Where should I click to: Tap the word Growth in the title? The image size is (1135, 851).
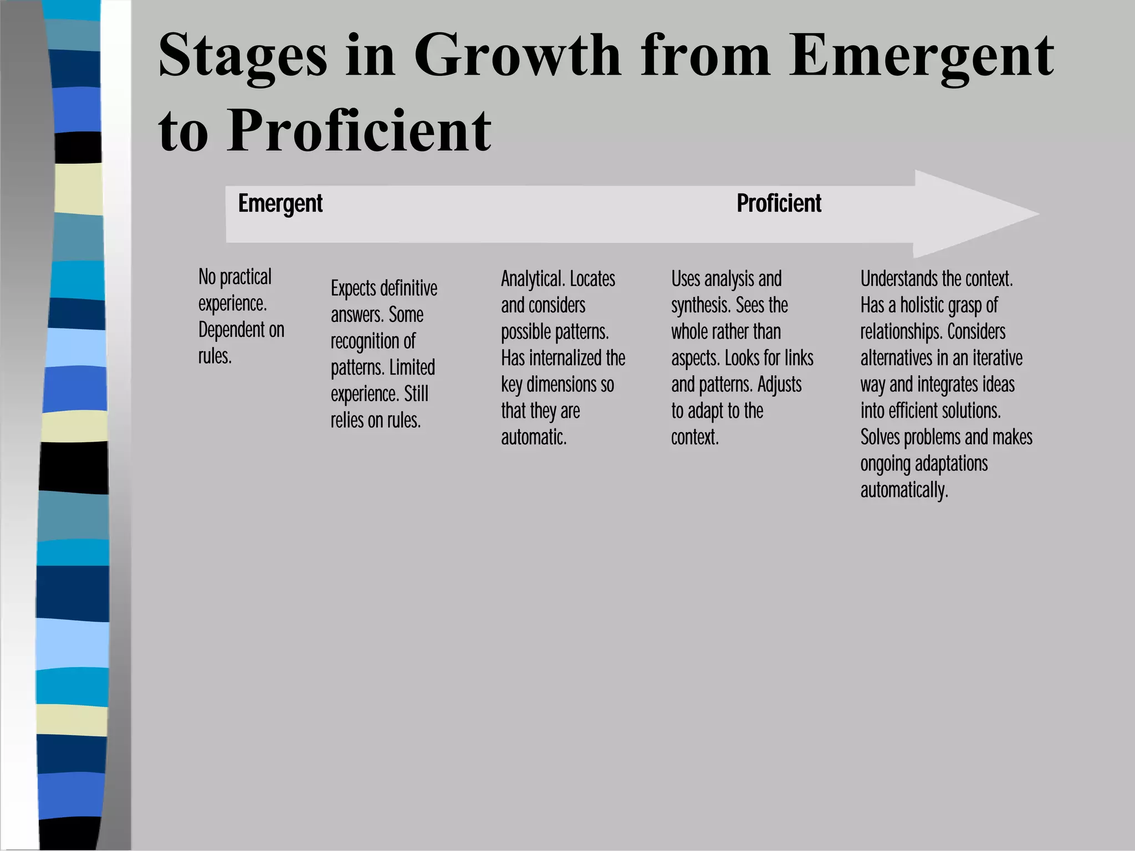(518, 55)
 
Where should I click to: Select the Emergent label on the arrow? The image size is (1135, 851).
(280, 204)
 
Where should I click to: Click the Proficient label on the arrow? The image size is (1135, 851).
(779, 203)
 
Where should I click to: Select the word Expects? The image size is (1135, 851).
(352, 289)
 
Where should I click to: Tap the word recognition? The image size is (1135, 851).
(365, 341)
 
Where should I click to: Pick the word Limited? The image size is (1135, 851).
(412, 367)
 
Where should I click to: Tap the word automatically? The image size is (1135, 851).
(904, 490)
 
